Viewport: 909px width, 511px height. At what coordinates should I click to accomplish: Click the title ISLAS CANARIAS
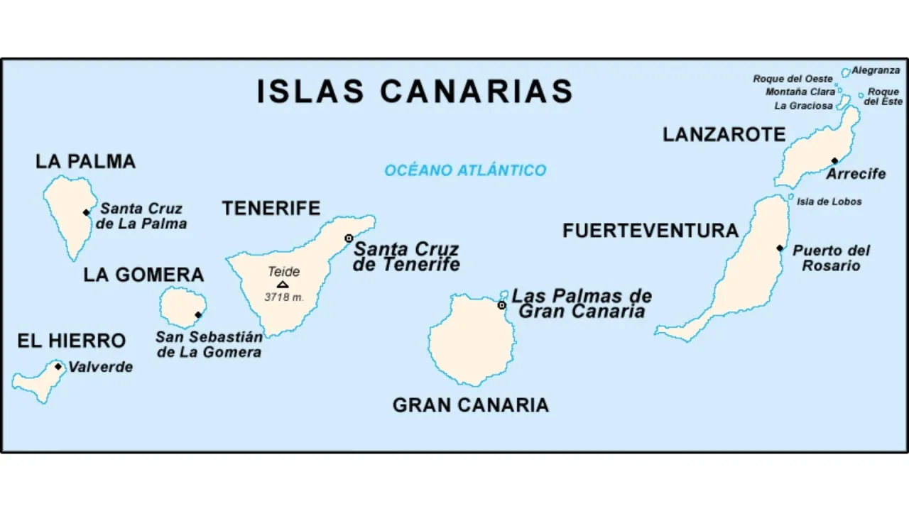415,92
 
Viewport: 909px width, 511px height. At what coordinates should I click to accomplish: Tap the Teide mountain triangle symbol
283,285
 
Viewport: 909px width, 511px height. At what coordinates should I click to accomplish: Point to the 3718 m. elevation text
284,297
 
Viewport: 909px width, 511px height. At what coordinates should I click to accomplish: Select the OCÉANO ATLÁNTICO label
465,170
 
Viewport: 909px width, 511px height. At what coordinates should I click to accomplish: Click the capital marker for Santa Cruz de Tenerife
349,238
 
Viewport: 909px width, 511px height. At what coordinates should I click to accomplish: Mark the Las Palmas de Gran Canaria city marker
501,305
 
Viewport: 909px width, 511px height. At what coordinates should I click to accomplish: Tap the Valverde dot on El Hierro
58,367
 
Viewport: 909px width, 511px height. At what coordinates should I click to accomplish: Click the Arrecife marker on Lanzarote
834,160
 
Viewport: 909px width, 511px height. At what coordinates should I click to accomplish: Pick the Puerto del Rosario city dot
780,248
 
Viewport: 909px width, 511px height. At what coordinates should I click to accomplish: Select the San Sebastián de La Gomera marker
198,315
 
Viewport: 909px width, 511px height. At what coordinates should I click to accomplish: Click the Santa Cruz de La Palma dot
86,212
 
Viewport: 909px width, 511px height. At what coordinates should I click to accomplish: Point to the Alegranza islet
846,72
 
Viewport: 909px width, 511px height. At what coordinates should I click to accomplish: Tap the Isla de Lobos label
829,202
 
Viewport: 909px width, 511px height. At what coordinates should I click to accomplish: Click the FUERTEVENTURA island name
651,231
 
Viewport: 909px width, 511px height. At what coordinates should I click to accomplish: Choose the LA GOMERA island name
143,275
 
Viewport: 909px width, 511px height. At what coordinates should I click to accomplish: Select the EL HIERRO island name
71,341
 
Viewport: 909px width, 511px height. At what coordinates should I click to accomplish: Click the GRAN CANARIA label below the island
470,405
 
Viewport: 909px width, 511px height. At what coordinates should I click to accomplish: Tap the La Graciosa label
803,106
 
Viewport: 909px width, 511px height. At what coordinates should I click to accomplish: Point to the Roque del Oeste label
793,79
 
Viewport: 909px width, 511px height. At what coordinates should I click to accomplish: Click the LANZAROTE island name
724,134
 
